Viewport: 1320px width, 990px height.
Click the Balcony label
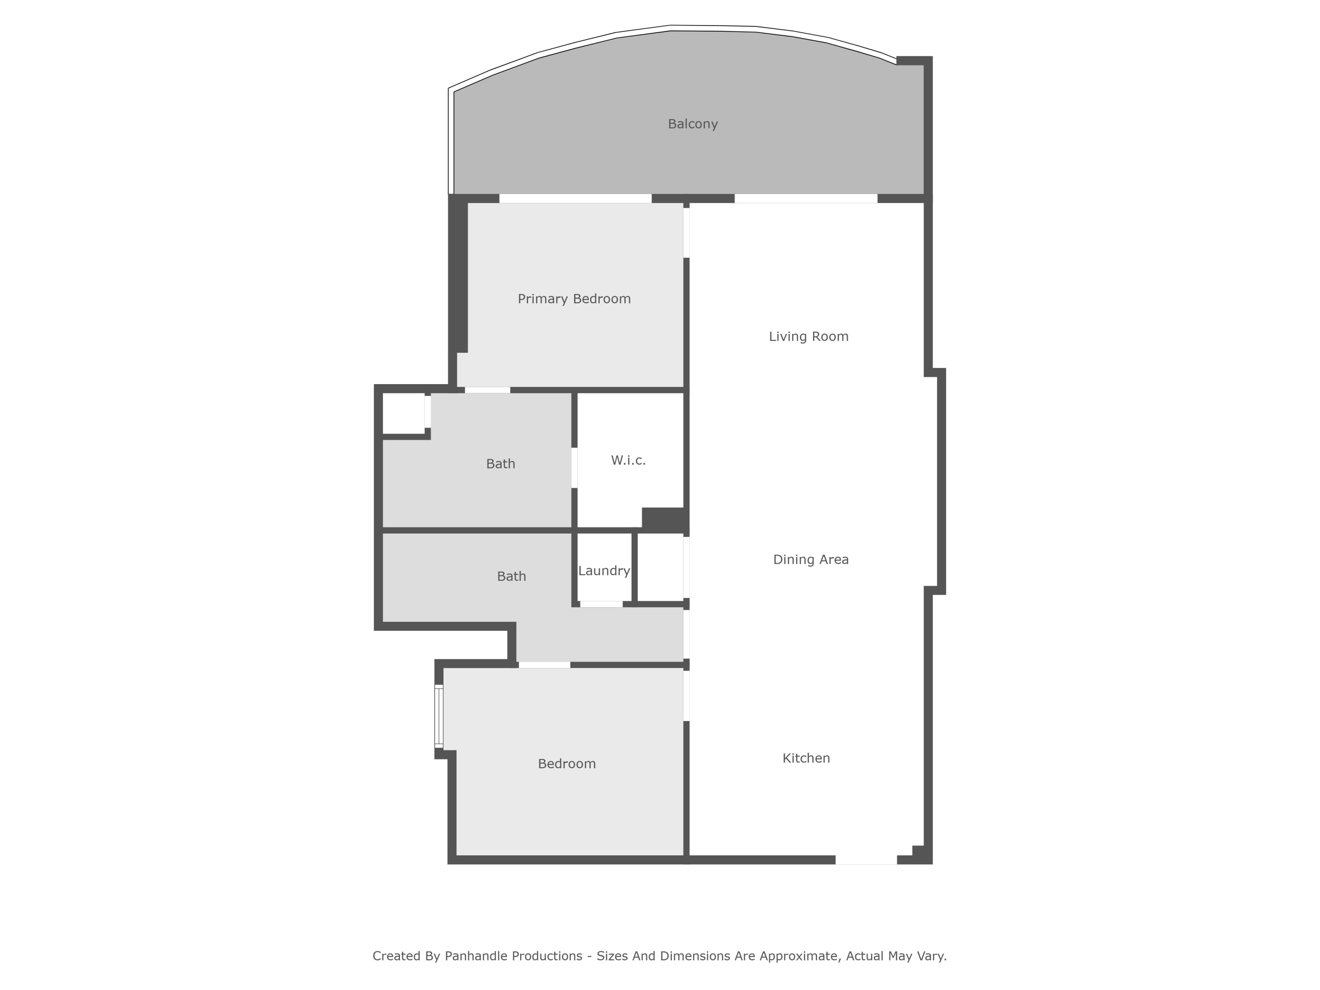692,124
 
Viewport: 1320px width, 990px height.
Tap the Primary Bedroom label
574,299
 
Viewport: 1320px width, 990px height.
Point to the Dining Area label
810,560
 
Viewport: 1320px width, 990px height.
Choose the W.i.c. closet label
628,461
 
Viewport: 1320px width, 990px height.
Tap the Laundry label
604,571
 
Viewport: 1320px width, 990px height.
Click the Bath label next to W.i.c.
500,464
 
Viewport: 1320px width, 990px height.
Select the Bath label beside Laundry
511,576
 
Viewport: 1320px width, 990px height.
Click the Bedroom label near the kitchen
566,764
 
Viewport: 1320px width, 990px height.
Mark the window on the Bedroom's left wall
439,716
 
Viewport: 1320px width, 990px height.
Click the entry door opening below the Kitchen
865,860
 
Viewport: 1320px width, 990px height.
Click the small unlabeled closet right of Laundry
660,567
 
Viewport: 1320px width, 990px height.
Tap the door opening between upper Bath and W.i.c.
574,468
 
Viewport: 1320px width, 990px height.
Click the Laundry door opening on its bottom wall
601,605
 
